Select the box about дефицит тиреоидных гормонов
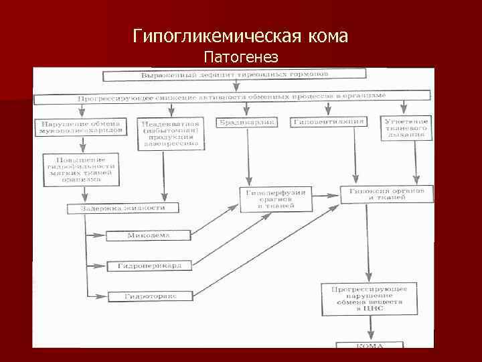(234, 74)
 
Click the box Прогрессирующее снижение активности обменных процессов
(231, 98)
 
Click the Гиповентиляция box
(329, 122)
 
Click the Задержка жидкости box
(123, 208)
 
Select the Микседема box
(149, 236)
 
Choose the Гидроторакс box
(149, 296)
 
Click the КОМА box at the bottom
(370, 346)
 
